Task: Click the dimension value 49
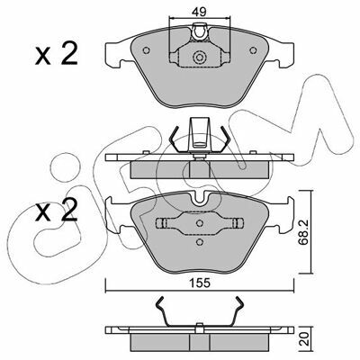[x=199, y=12]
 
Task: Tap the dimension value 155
[x=200, y=283]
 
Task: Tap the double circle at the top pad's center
[x=199, y=57]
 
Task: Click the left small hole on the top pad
[x=147, y=50]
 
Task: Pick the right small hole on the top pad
[x=253, y=50]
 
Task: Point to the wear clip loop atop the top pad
[x=200, y=32]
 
